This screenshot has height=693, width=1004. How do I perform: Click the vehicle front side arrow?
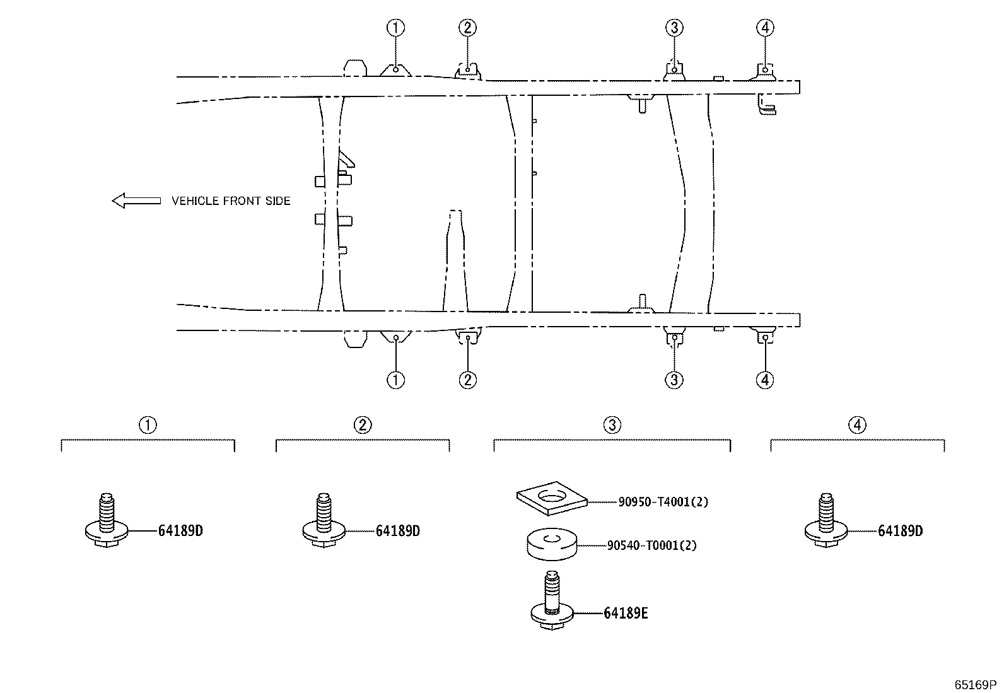[136, 201]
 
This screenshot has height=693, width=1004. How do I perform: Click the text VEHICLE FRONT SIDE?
[231, 201]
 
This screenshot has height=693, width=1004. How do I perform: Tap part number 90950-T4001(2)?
[663, 501]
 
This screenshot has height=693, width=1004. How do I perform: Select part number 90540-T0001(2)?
[652, 545]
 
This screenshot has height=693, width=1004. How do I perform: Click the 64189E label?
[626, 613]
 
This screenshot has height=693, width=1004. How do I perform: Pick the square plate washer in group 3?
[552, 498]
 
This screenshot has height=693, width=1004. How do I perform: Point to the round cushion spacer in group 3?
[552, 545]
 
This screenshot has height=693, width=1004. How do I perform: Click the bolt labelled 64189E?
[552, 600]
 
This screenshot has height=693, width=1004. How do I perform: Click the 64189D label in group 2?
[397, 531]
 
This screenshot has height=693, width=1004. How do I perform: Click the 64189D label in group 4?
[900, 531]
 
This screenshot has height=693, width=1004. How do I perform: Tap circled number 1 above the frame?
[396, 28]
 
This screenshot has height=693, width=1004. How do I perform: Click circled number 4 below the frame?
[765, 380]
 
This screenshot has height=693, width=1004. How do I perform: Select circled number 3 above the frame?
[674, 28]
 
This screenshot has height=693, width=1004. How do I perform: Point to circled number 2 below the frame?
[467, 380]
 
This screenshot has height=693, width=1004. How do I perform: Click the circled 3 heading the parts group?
[612, 424]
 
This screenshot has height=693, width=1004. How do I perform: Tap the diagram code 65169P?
[975, 685]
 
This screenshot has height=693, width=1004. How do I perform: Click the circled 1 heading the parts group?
[148, 424]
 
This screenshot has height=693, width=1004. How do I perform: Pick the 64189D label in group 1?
[180, 531]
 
